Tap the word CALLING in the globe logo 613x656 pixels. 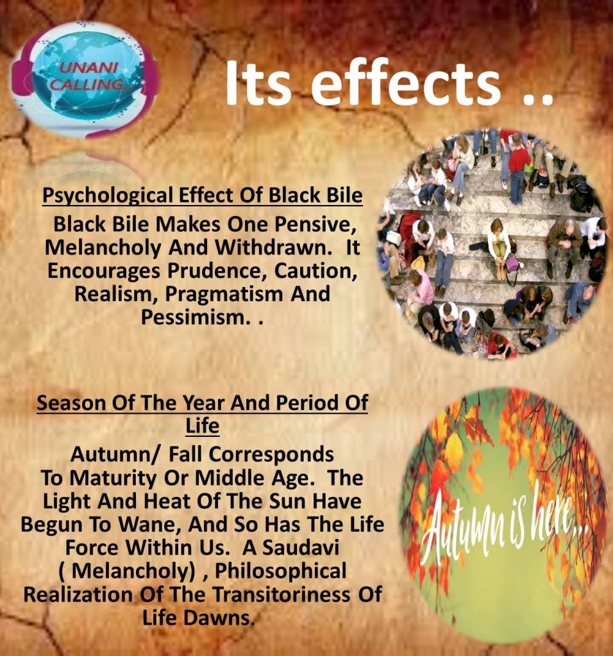click(x=87, y=85)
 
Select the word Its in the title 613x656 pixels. click(x=258, y=83)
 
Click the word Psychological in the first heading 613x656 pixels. click(x=108, y=196)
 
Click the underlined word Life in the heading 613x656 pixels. click(x=202, y=426)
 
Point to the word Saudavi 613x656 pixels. click(x=301, y=548)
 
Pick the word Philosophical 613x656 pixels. click(x=281, y=571)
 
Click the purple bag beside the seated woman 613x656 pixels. click(x=512, y=264)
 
